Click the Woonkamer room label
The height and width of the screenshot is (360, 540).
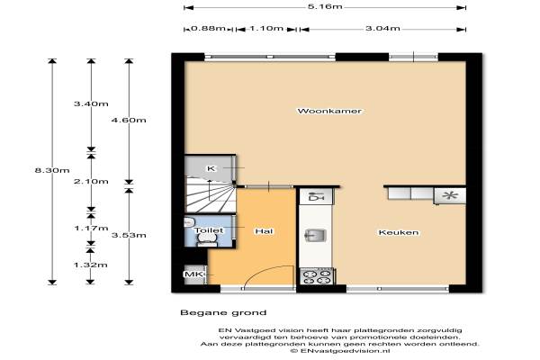click(x=329, y=111)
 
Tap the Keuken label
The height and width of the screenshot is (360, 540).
click(x=399, y=232)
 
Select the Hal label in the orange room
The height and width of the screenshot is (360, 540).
click(x=264, y=231)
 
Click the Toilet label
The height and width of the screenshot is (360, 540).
click(x=209, y=230)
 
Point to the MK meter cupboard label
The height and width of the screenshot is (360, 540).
click(x=193, y=274)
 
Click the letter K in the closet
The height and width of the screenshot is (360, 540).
click(x=211, y=168)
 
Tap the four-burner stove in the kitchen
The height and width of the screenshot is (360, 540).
click(x=317, y=276)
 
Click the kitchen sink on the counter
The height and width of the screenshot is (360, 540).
click(x=316, y=236)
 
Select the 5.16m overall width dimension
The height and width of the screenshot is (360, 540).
click(x=325, y=6)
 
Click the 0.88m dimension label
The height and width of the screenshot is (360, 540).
click(x=208, y=28)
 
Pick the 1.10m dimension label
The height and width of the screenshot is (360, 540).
click(x=266, y=28)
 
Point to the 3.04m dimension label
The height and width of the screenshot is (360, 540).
click(x=382, y=28)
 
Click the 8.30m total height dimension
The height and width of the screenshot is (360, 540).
click(x=52, y=170)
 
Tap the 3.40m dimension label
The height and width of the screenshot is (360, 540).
click(x=91, y=103)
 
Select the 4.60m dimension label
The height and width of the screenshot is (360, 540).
click(x=129, y=121)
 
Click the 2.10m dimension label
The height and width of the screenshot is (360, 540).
click(x=91, y=182)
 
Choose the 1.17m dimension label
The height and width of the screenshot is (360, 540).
click(x=91, y=228)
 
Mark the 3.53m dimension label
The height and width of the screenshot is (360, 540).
click(x=129, y=235)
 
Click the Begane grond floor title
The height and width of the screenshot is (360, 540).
click(x=223, y=313)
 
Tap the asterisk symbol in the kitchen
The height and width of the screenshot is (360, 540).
click(x=450, y=195)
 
